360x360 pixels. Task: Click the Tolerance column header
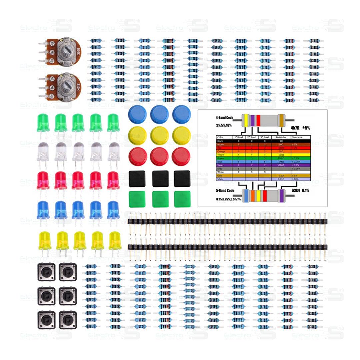[x=297, y=137]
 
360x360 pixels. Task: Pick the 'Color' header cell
[x=220, y=137]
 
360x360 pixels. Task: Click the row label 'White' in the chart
[x=220, y=172]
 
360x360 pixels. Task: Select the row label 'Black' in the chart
[x=220, y=141]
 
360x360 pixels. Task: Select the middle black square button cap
[x=160, y=179]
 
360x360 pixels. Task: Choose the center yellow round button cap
[x=159, y=135]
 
